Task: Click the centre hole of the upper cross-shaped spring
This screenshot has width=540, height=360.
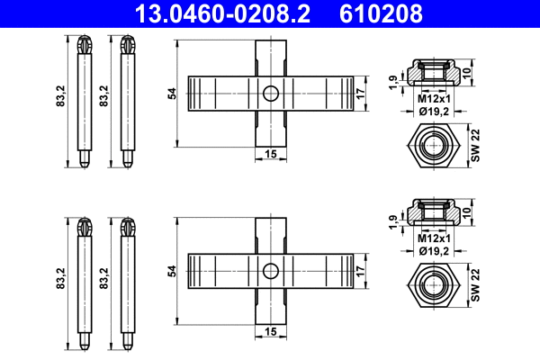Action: point(270,93)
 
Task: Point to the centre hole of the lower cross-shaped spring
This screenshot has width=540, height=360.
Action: point(270,270)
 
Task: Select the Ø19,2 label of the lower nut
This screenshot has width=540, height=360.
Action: point(434,250)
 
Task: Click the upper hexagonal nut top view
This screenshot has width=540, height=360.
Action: point(435,144)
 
